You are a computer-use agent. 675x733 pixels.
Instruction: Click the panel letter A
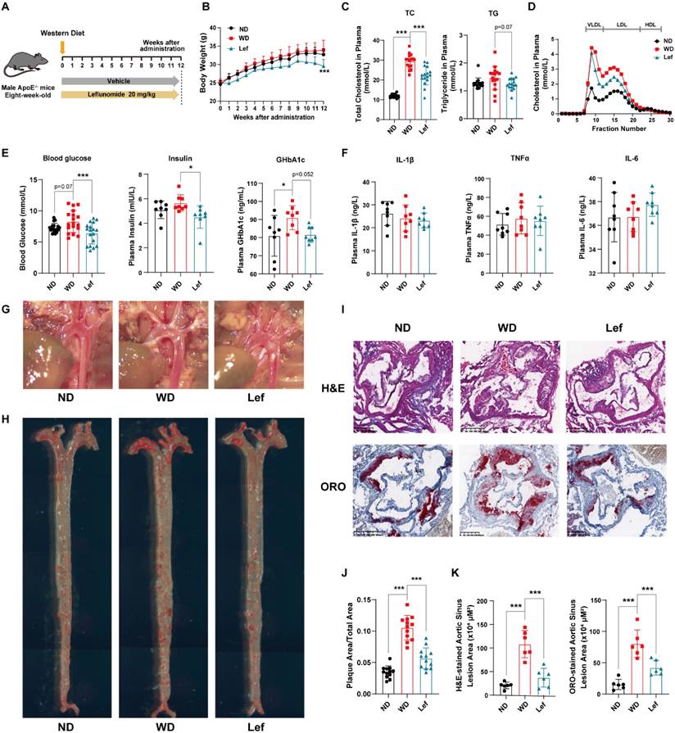coord(7,7)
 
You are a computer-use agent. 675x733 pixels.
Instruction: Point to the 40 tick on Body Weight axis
coord(212,27)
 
